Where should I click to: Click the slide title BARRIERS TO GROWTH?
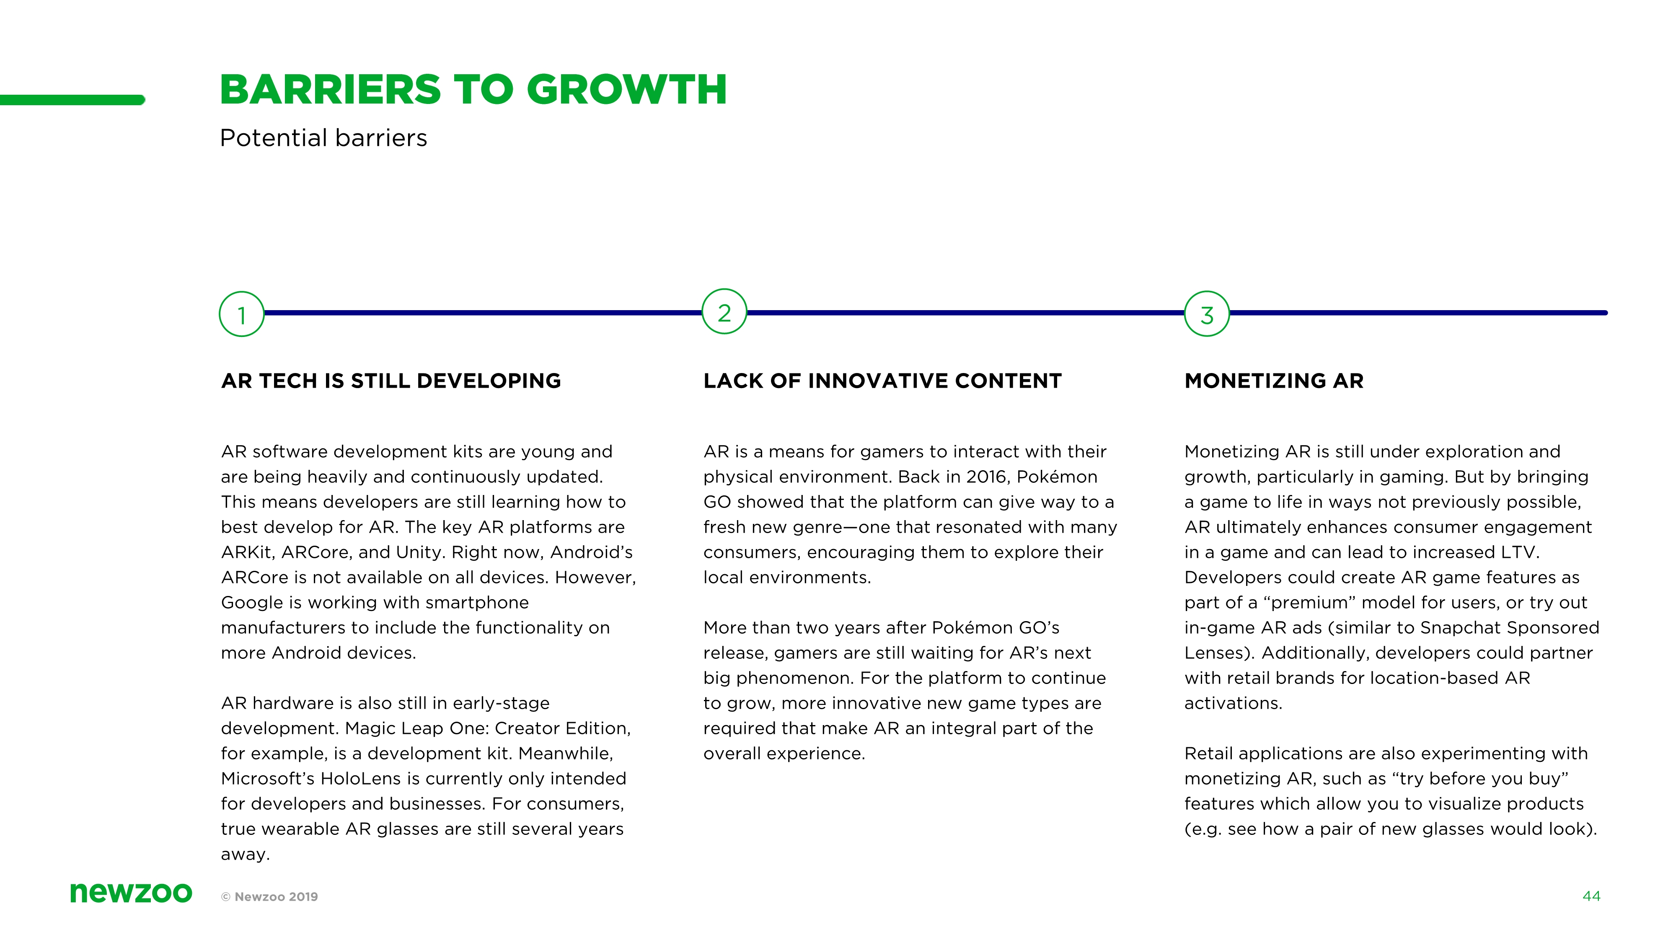(473, 89)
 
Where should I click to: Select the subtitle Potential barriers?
(323, 138)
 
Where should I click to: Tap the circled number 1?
(241, 314)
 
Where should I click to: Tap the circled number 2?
(724, 312)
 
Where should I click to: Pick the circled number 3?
(1207, 313)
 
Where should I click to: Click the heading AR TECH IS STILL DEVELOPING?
(391, 381)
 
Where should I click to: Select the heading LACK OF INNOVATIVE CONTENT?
(882, 381)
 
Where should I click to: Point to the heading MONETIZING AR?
(1274, 381)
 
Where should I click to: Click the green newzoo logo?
(132, 892)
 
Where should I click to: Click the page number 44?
(1591, 896)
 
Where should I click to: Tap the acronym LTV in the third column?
(1519, 552)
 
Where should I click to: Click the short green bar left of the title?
(72, 100)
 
